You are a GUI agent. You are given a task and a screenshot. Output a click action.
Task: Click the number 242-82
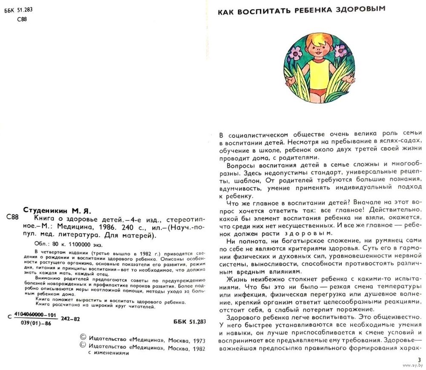70,319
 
